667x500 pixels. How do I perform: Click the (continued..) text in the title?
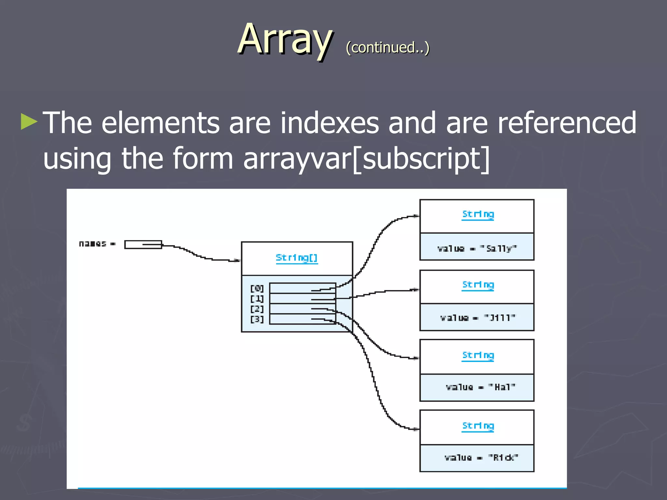[x=388, y=48]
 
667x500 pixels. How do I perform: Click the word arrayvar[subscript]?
[x=366, y=159]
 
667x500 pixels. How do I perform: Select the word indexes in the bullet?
[x=330, y=123]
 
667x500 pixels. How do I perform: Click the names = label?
[x=97, y=244]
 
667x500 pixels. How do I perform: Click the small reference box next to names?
[x=143, y=244]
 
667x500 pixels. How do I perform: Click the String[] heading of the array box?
[x=296, y=258]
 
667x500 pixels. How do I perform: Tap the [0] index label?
[x=257, y=288]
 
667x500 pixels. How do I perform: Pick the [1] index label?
[x=257, y=299]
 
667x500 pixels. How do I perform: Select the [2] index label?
[x=257, y=309]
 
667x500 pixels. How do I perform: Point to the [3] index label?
[x=257, y=319]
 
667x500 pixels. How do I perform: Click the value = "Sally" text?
[x=477, y=249]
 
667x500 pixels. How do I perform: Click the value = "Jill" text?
[x=477, y=318]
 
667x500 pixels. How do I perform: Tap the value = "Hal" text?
[x=480, y=387]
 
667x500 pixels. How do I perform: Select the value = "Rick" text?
[x=481, y=458]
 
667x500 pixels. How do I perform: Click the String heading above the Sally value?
[x=478, y=214]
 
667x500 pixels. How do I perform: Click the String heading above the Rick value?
[x=478, y=426]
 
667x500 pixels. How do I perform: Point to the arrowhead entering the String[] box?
[x=238, y=260]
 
